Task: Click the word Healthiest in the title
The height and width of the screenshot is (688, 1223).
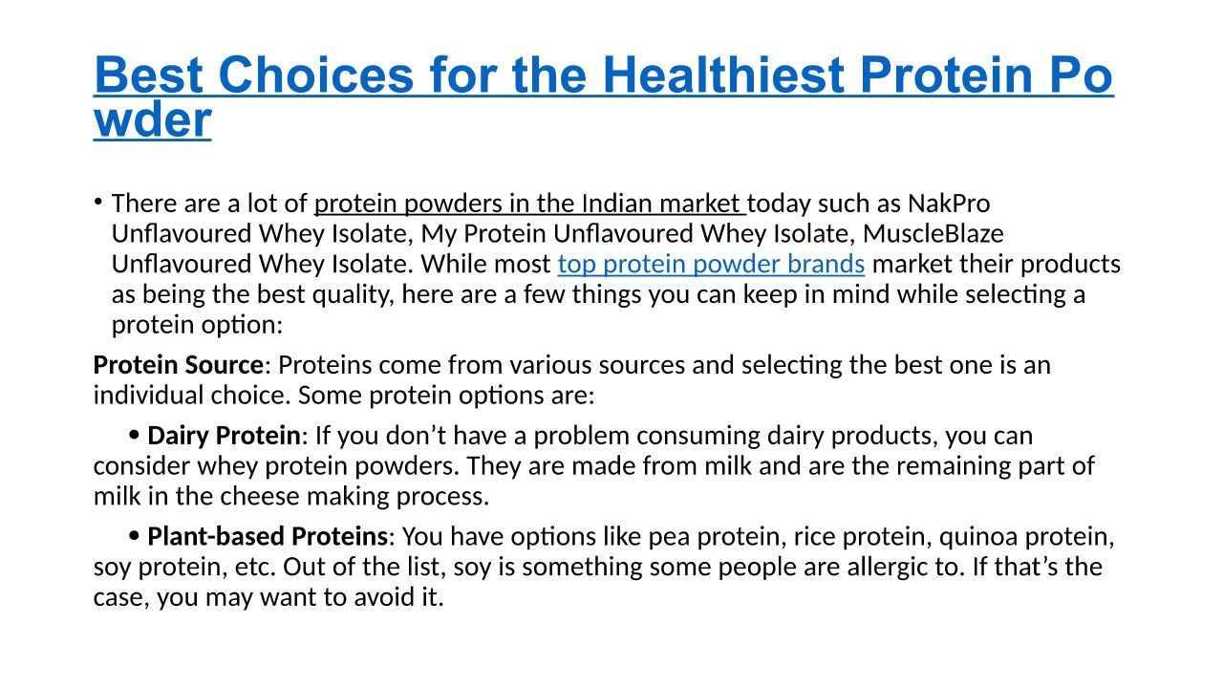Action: point(724,75)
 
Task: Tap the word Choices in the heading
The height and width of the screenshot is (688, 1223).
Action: point(316,75)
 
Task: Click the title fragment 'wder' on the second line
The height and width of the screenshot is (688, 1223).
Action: point(152,119)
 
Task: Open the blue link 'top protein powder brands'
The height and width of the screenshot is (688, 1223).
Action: point(711,265)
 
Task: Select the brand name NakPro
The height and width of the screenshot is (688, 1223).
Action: point(949,204)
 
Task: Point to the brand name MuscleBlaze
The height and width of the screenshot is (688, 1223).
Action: point(933,234)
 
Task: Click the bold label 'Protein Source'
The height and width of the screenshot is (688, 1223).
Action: point(179,365)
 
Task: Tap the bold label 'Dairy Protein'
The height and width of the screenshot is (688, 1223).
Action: point(224,436)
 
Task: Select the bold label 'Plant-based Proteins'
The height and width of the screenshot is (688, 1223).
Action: point(268,536)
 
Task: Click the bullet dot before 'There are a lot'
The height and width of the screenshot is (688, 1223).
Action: point(97,202)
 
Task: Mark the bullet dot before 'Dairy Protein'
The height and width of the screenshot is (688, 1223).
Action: point(134,435)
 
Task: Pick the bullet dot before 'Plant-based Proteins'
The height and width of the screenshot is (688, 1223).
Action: point(134,536)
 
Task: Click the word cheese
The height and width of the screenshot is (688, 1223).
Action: point(260,496)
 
